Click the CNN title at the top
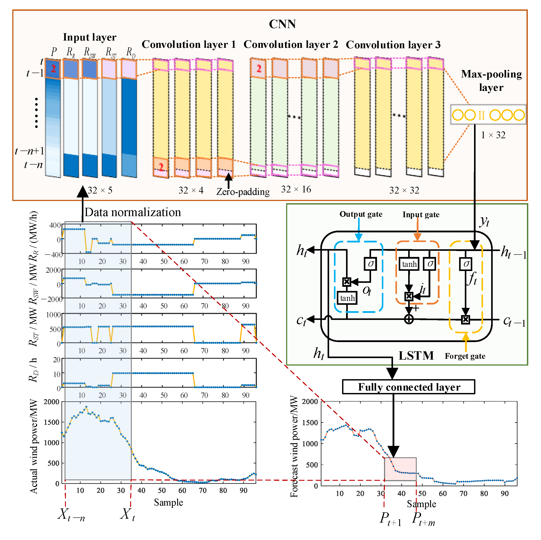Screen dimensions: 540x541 [282, 24]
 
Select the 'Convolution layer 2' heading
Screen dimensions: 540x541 [291, 45]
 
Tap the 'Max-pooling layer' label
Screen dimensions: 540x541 [491, 81]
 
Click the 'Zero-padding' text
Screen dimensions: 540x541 [243, 192]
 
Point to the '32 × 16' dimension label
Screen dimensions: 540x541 [296, 189]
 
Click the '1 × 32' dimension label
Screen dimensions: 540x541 [493, 135]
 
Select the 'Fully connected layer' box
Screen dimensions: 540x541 [409, 387]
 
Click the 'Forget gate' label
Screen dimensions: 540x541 [465, 356]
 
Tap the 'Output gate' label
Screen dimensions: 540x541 [361, 214]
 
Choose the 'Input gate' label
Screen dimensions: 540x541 [421, 215]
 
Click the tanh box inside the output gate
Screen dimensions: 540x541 [347, 298]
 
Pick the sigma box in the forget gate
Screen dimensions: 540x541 [466, 264]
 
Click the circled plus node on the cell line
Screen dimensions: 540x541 [409, 319]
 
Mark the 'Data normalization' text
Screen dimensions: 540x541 [133, 212]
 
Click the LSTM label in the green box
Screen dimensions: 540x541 [416, 356]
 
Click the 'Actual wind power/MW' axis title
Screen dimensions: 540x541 [34, 446]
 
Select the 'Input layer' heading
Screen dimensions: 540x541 [90, 37]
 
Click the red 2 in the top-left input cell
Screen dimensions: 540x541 [53, 68]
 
